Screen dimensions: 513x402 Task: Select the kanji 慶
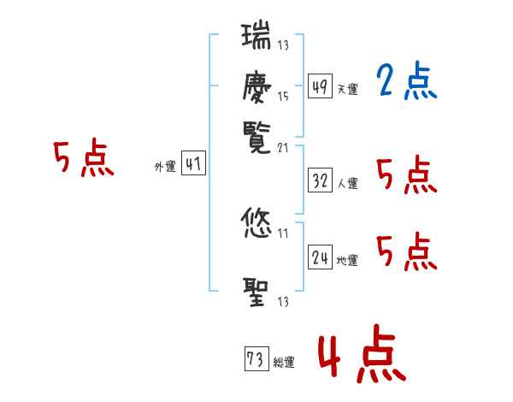(256, 89)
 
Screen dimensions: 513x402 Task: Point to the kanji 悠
(256, 225)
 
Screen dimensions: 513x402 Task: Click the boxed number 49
(319, 87)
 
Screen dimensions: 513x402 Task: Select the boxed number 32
(321, 181)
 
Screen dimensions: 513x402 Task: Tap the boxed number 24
(321, 258)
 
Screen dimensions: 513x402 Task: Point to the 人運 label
(347, 183)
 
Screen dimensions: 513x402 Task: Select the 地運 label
(347, 261)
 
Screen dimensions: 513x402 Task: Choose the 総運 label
(283, 363)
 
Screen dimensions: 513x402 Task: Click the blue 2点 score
(406, 83)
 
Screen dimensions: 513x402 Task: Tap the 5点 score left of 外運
(83, 159)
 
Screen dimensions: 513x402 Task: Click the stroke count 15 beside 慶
(283, 97)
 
